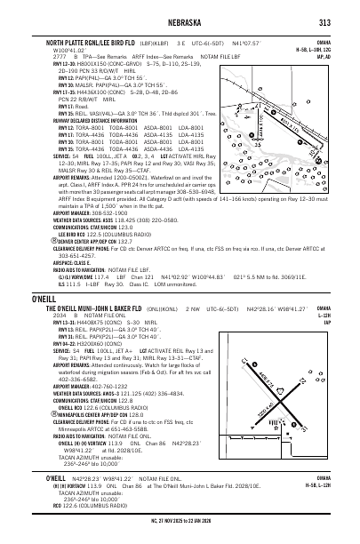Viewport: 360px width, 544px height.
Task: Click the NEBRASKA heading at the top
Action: (180, 22)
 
